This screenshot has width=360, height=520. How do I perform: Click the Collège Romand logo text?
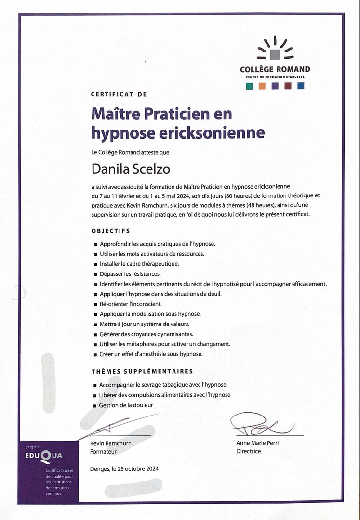tap(275, 69)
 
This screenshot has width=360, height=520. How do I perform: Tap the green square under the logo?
tap(249, 86)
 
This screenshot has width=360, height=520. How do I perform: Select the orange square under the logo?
tap(262, 86)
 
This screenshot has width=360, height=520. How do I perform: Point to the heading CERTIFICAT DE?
tap(119, 94)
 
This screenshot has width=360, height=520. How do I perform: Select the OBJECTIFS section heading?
tap(111, 231)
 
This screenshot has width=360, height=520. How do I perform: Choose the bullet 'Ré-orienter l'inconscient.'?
tap(131, 304)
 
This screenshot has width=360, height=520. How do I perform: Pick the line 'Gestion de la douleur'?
tap(126, 405)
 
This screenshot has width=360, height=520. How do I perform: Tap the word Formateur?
tap(103, 452)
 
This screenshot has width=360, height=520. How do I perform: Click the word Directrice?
tap(249, 451)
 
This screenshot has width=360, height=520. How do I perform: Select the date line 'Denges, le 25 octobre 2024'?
tap(124, 469)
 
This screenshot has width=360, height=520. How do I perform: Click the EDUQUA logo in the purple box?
tap(44, 455)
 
